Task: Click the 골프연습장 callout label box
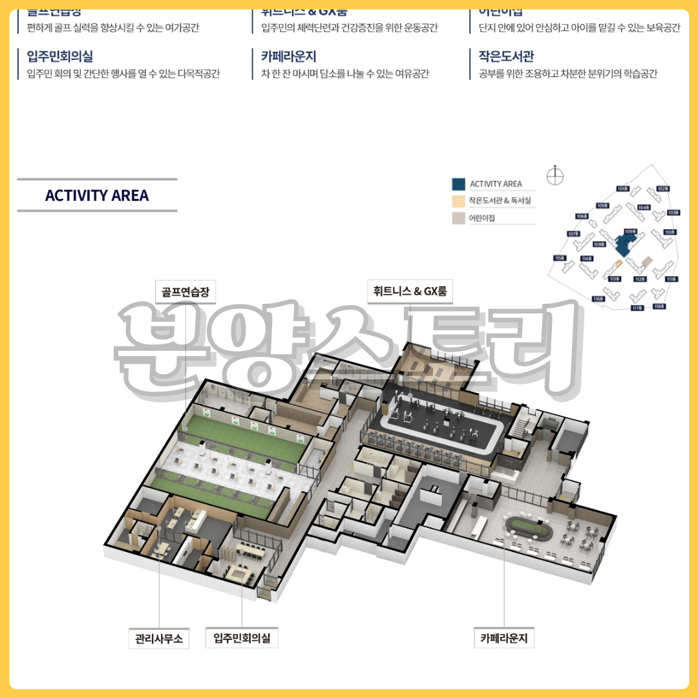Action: tap(185, 291)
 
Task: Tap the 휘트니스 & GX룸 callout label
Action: tap(410, 291)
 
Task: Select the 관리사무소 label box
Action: tap(159, 639)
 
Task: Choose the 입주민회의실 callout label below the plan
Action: tap(242, 639)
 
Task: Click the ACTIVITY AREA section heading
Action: tap(97, 195)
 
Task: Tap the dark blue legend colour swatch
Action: tap(458, 184)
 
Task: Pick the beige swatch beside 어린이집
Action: tap(458, 218)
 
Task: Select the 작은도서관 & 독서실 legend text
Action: tap(500, 201)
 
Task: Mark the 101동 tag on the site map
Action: tap(622, 189)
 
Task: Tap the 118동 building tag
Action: tap(659, 306)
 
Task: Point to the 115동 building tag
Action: tap(560, 258)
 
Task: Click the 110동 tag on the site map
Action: tap(669, 232)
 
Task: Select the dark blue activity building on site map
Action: tap(624, 245)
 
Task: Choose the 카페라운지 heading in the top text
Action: tap(288, 57)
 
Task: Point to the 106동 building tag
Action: tap(581, 216)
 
